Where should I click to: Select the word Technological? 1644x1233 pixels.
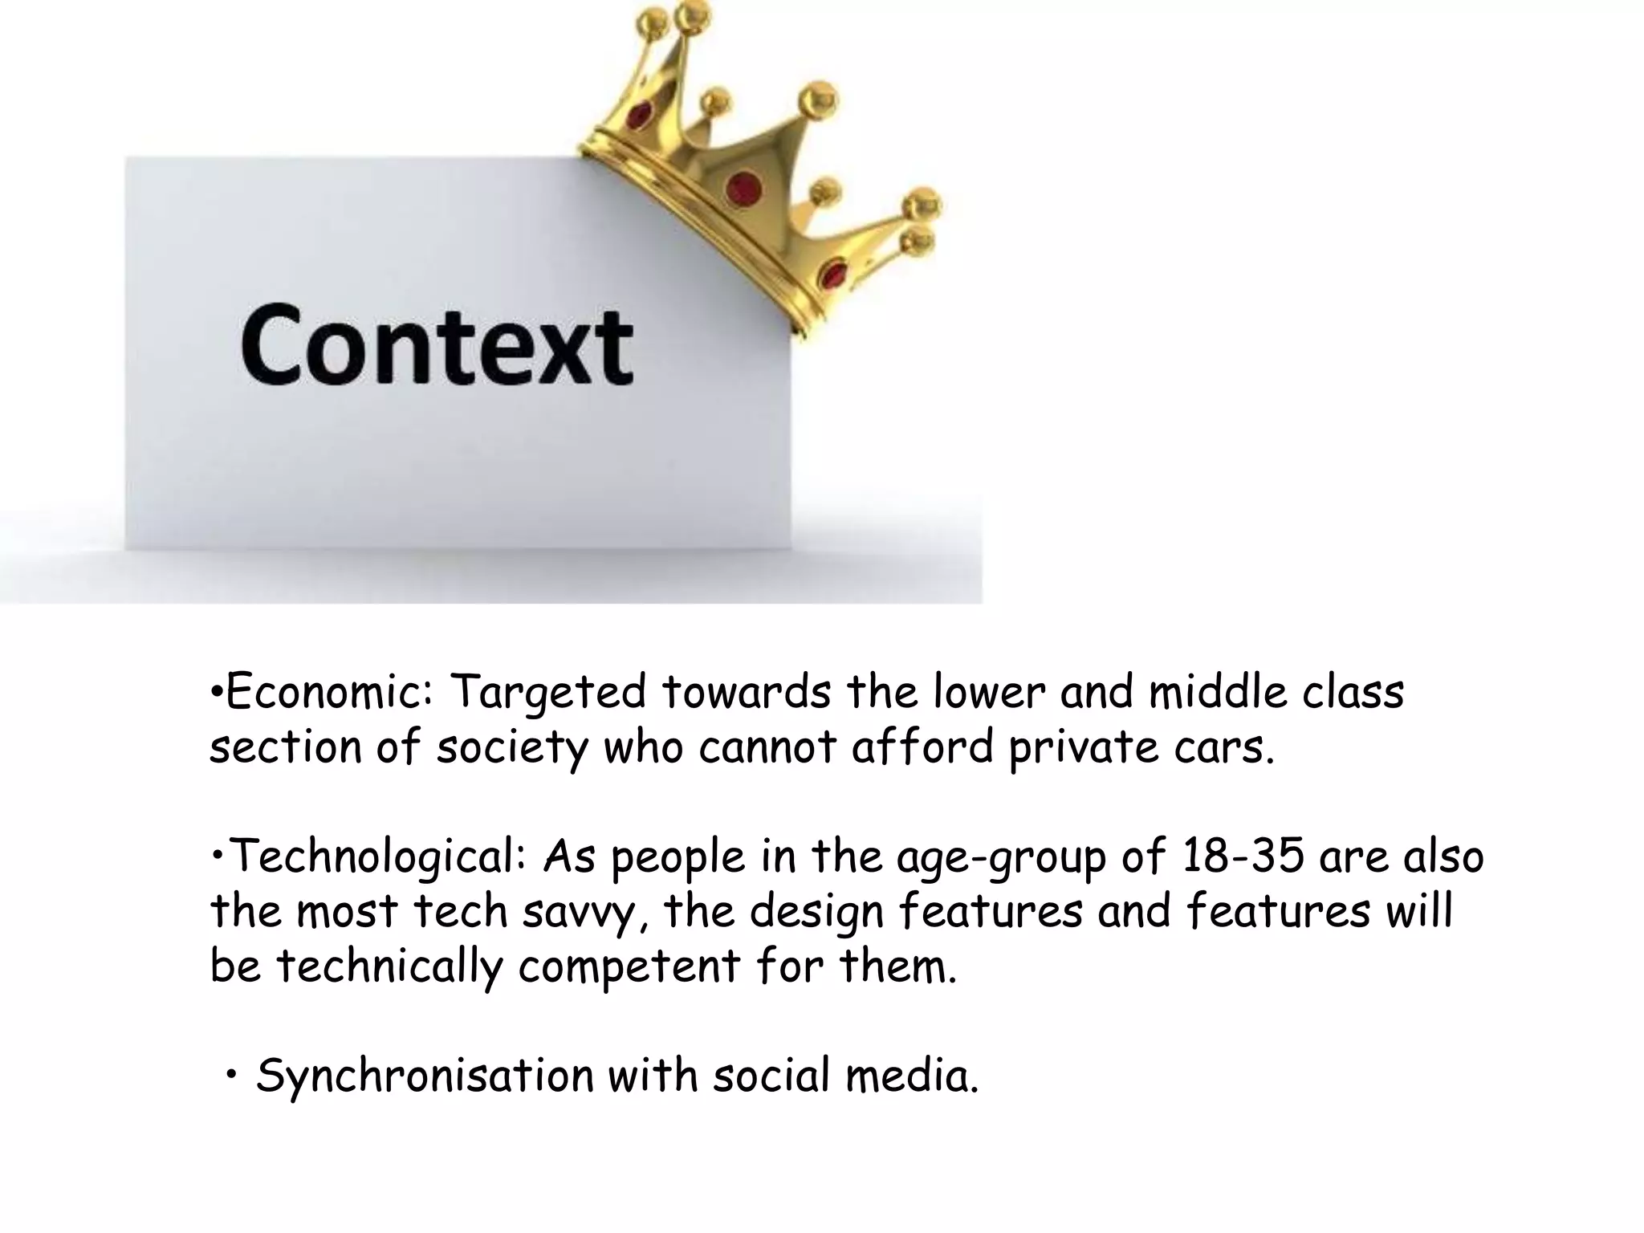[x=377, y=857]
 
